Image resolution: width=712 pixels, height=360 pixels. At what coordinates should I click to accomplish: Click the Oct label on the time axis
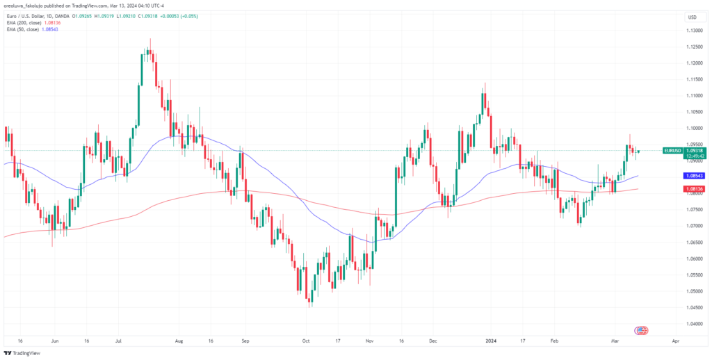coord(306,342)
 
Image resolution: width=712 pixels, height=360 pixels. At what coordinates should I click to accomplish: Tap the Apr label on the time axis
coord(676,342)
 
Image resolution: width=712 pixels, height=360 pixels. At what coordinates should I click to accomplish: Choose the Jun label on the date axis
coord(55,342)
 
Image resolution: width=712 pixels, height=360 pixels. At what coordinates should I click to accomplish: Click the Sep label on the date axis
coord(244,342)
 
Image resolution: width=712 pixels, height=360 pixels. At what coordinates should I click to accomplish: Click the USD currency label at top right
coord(693,17)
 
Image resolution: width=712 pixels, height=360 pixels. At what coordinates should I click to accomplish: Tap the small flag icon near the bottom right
coord(642,330)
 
